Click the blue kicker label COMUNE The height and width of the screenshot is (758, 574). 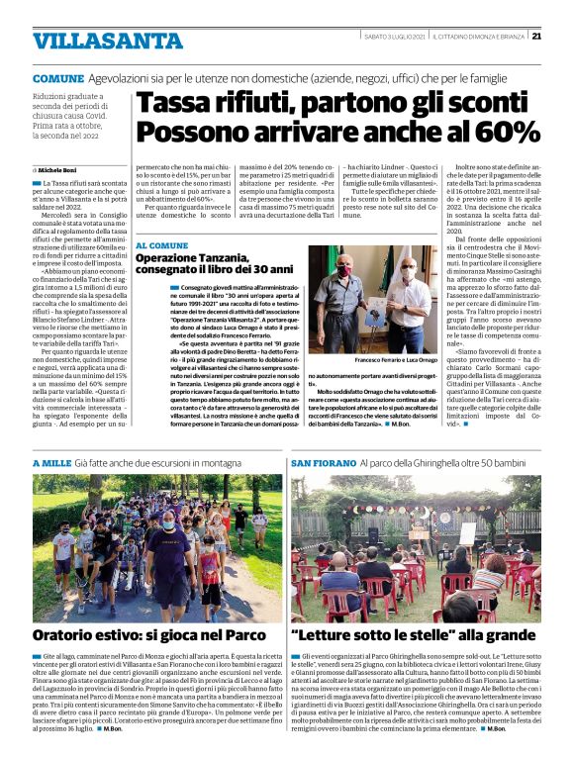tap(57, 78)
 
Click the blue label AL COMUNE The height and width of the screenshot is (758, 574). tap(161, 244)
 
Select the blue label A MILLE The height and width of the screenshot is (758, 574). tap(51, 462)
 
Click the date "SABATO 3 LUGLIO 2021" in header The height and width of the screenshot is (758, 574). tap(392, 37)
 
